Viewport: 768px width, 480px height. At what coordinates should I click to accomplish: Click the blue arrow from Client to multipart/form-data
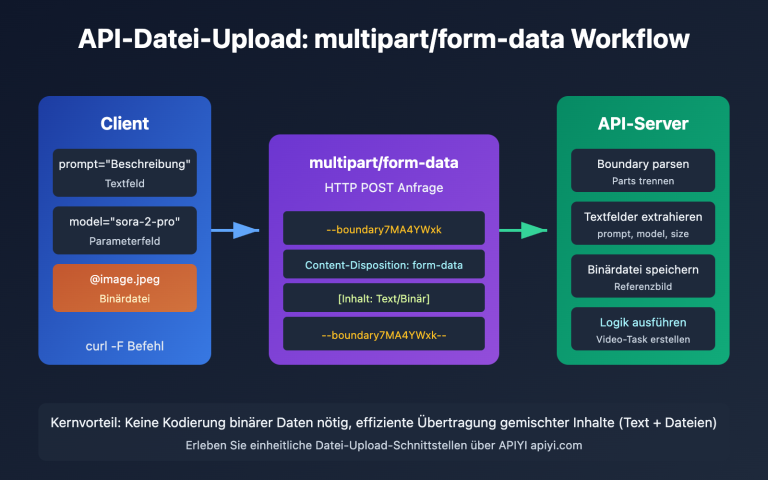pyautogui.click(x=234, y=230)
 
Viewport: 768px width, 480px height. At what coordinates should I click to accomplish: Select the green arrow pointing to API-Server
pyautogui.click(x=523, y=230)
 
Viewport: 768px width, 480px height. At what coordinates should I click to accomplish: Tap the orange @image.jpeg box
pyautogui.click(x=125, y=288)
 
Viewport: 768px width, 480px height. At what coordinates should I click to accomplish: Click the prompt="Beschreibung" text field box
pyautogui.click(x=125, y=172)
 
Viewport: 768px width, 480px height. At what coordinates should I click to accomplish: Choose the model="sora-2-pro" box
pyautogui.click(x=125, y=230)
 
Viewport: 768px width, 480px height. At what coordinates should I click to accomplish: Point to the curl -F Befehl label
pyautogui.click(x=125, y=346)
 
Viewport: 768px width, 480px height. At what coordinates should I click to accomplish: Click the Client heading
pyautogui.click(x=125, y=124)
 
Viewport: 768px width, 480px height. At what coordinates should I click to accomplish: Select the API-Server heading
pyautogui.click(x=643, y=124)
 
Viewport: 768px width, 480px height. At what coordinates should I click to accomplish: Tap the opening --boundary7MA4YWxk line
pyautogui.click(x=384, y=229)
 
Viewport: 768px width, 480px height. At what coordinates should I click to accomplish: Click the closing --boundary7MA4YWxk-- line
pyautogui.click(x=384, y=335)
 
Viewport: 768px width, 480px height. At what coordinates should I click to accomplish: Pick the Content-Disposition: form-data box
pyautogui.click(x=384, y=264)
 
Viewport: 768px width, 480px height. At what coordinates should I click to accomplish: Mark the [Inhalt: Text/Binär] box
pyautogui.click(x=384, y=299)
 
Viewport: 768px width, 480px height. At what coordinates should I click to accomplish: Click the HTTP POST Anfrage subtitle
pyautogui.click(x=384, y=188)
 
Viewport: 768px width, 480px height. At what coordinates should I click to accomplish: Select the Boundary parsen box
pyautogui.click(x=643, y=170)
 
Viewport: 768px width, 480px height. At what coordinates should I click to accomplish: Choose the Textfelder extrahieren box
pyautogui.click(x=643, y=223)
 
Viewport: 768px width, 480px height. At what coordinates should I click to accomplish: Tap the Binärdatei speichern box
pyautogui.click(x=643, y=276)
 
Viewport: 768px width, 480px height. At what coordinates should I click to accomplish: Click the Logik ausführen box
pyautogui.click(x=643, y=329)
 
